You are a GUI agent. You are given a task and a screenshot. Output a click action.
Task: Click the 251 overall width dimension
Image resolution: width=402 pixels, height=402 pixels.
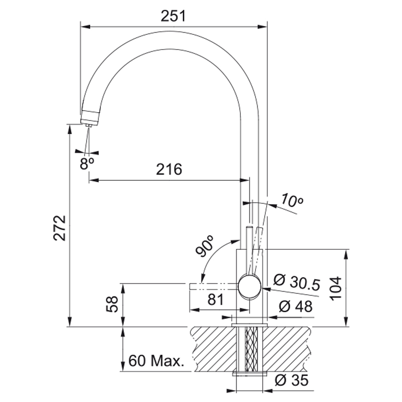coord(173,17)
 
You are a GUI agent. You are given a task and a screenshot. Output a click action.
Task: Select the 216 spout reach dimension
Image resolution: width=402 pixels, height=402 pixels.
coord(169,169)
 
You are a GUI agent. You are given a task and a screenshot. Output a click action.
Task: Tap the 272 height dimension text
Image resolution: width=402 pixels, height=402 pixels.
coord(60,228)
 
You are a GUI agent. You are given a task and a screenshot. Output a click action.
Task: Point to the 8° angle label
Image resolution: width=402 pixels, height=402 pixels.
coord(87,163)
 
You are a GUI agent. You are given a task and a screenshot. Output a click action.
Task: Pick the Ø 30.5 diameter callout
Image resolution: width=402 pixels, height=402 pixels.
coord(297,282)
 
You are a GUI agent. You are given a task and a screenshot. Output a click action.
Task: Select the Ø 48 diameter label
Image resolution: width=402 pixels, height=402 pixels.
coord(296,306)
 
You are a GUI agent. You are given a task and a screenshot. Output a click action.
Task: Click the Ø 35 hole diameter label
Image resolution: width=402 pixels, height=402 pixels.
coord(292,380)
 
